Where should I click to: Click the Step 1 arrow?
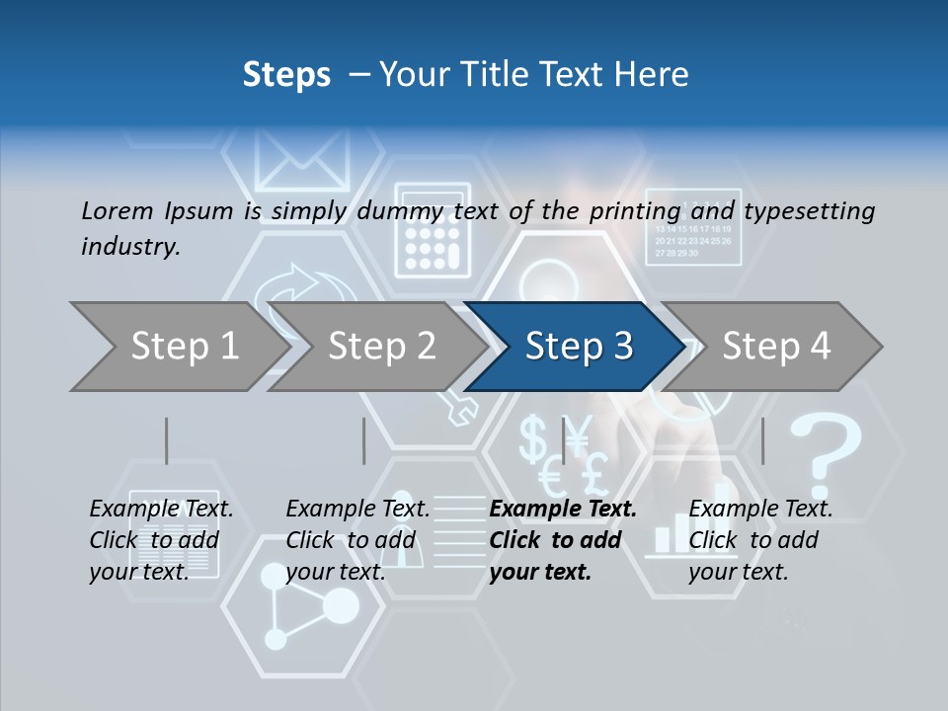click(x=178, y=347)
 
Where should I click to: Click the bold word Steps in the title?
click(x=286, y=74)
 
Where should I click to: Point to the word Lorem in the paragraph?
click(x=117, y=210)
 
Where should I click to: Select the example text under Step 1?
click(x=161, y=540)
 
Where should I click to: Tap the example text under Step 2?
click(x=357, y=540)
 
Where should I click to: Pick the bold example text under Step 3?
click(x=562, y=540)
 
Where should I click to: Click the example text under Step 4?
click(x=760, y=540)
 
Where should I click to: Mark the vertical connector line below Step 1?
click(x=166, y=440)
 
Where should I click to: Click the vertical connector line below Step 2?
click(x=363, y=440)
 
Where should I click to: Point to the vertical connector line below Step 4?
click(x=762, y=440)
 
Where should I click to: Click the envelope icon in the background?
click(x=302, y=158)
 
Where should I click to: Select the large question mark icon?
click(x=828, y=454)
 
